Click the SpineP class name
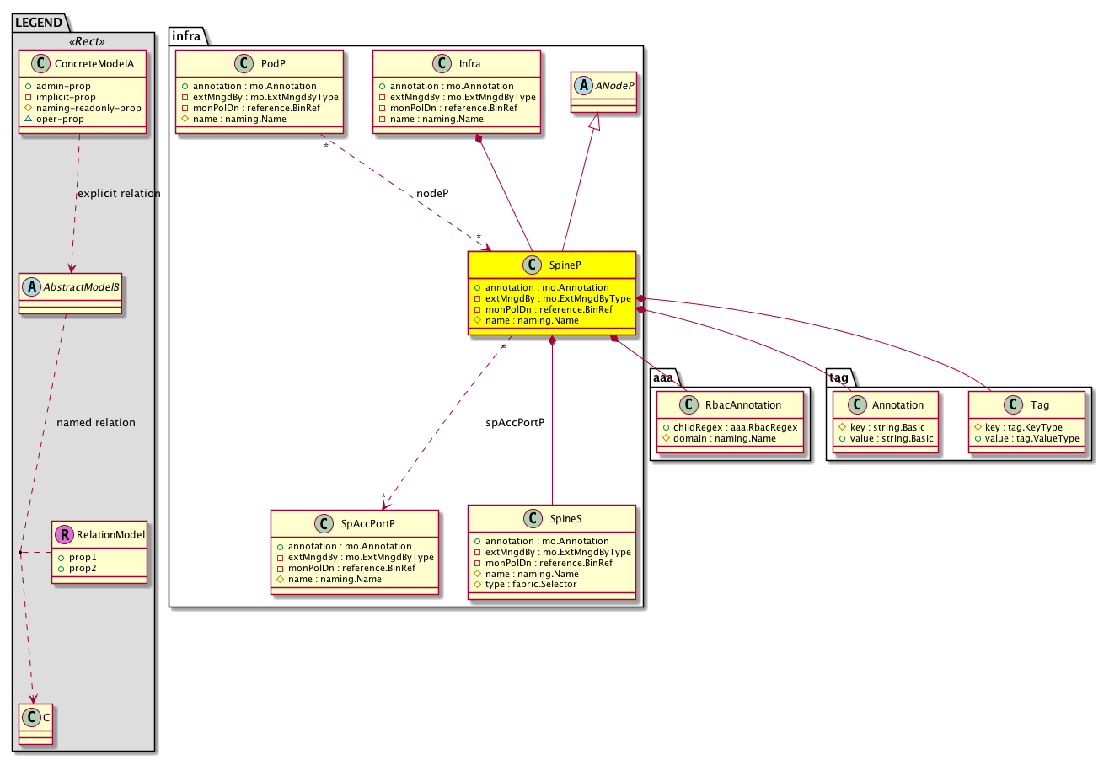point(565,265)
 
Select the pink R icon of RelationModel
point(64,535)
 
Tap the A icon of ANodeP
point(584,86)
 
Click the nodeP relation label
point(432,194)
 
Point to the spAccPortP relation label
point(515,423)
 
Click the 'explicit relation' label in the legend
point(119,194)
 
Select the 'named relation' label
point(95,423)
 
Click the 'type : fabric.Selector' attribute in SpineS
point(531,584)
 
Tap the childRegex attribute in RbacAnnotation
point(735,427)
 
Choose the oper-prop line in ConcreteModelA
point(60,120)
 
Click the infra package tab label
point(186,36)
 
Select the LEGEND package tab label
point(39,23)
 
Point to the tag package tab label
point(838,378)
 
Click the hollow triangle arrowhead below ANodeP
point(596,121)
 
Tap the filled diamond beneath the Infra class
point(479,139)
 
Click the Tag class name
point(1039,405)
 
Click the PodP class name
point(273,64)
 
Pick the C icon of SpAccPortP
point(324,524)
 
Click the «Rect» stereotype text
point(87,41)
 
